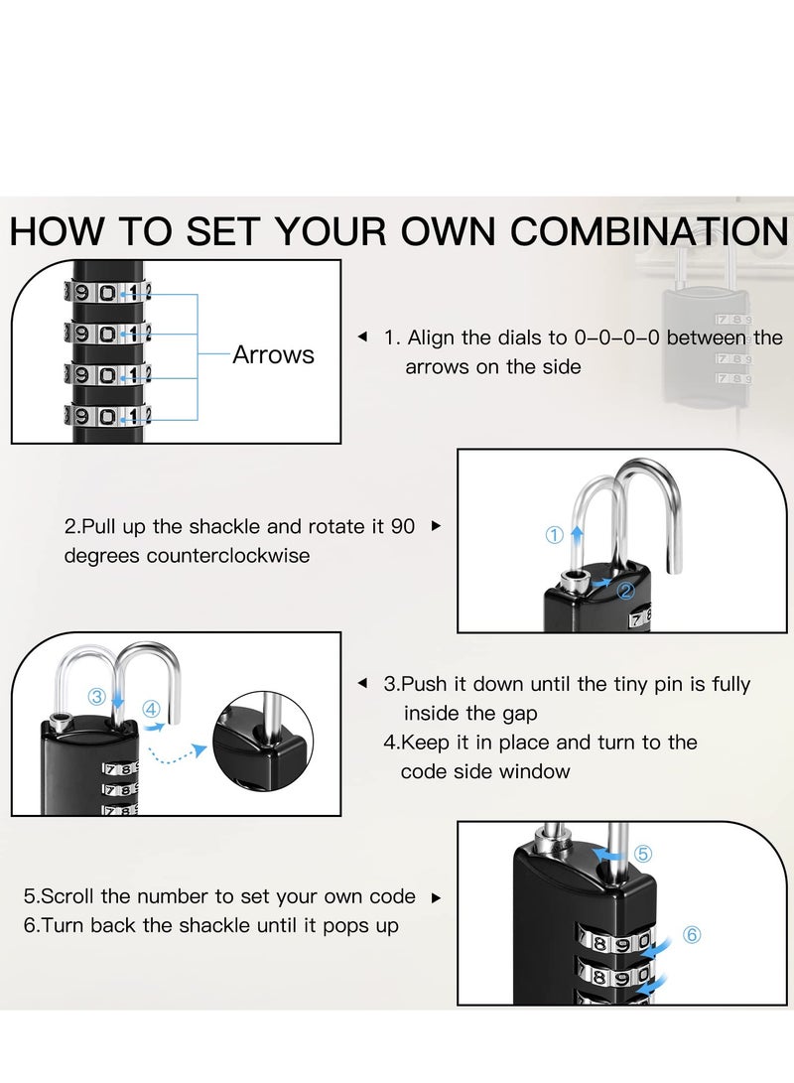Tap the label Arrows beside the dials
tap(273, 355)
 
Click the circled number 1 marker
tap(555, 535)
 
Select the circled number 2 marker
tap(625, 592)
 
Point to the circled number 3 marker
tap(96, 697)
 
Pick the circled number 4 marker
tap(151, 709)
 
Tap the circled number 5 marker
tap(643, 853)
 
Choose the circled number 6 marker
tap(692, 934)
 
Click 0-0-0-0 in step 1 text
tap(616, 338)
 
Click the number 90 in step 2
tap(403, 526)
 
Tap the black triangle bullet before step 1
tap(362, 338)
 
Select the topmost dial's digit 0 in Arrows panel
tap(107, 293)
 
